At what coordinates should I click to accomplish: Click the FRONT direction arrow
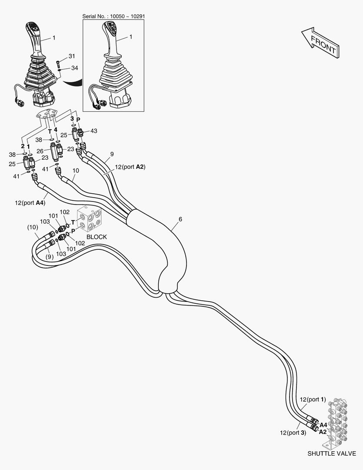[x=320, y=43]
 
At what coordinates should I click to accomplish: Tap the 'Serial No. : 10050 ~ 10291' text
[x=114, y=16]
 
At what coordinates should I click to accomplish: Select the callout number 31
[x=72, y=56]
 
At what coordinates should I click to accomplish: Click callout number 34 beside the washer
[x=75, y=68]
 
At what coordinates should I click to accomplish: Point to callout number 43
[x=94, y=131]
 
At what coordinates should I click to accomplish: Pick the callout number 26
[x=40, y=151]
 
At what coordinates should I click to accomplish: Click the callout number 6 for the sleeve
[x=180, y=219]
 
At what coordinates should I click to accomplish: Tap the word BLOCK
[x=97, y=237]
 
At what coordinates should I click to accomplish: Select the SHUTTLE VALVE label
[x=332, y=453]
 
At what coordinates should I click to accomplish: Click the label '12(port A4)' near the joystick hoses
[x=30, y=203]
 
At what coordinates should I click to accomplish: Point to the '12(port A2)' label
[x=130, y=167]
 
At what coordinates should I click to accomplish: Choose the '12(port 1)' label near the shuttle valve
[x=313, y=399]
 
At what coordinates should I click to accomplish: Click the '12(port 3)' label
[x=293, y=433]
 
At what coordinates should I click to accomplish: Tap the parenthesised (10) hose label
[x=33, y=227]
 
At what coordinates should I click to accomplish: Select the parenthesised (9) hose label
[x=50, y=257]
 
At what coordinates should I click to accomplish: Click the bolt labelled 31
[x=58, y=64]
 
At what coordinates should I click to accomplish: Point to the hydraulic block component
[x=89, y=218]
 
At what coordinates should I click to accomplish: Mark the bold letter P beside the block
[x=73, y=232]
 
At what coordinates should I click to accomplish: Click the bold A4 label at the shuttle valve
[x=323, y=425]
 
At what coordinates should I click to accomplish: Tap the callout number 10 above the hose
[x=76, y=171]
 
